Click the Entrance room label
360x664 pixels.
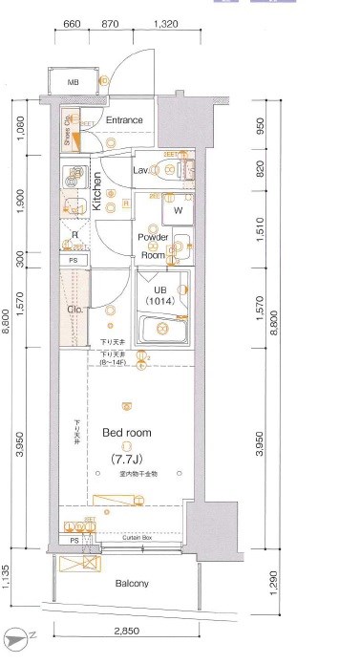[124, 120]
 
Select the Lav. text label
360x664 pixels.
[140, 169]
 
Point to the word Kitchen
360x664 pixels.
[96, 190]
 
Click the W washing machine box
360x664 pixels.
[178, 210]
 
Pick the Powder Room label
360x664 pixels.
[153, 246]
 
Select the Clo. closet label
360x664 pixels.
[74, 310]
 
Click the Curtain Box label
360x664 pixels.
[141, 538]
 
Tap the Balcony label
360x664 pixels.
[132, 582]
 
